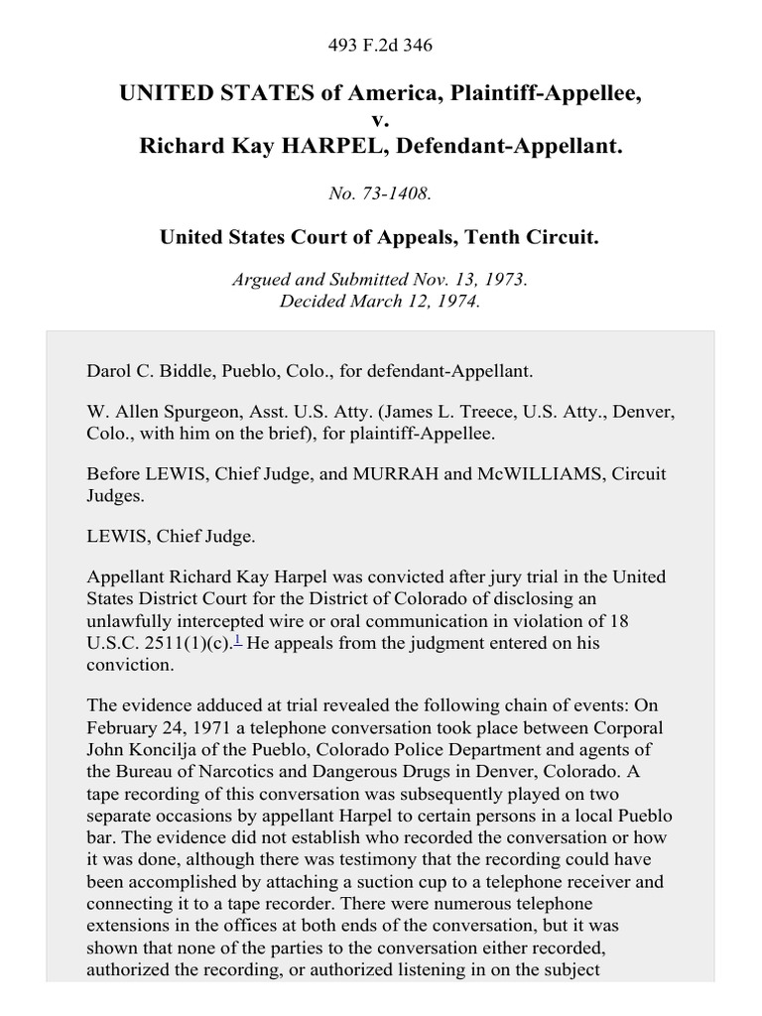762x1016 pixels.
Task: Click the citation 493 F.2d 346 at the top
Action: click(381, 46)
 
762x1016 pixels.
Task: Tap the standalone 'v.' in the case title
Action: click(381, 120)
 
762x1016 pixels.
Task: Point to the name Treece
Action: click(493, 411)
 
